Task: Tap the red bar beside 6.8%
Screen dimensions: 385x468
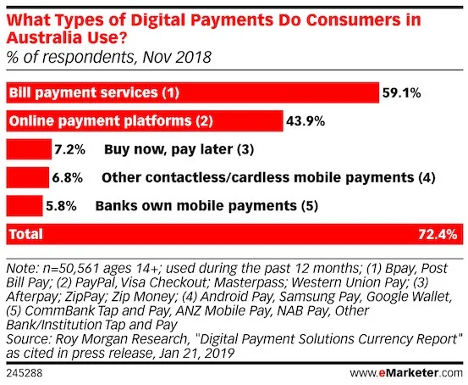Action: pyautogui.click(x=26, y=178)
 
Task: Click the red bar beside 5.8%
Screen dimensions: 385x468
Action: pyautogui.click(x=24, y=206)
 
